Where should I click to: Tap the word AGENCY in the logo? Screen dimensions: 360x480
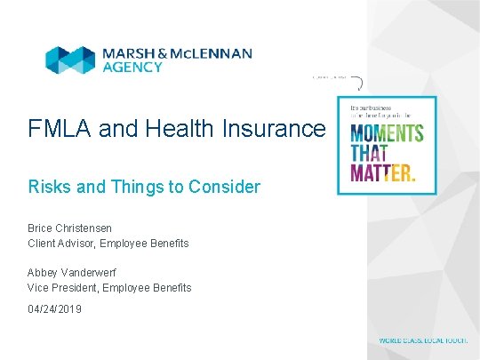click(130, 68)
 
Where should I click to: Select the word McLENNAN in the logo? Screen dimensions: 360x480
click(210, 53)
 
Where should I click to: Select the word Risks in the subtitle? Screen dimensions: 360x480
click(48, 187)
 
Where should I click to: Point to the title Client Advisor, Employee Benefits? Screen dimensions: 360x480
click(108, 243)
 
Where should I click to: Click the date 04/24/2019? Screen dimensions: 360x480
click(54, 310)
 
